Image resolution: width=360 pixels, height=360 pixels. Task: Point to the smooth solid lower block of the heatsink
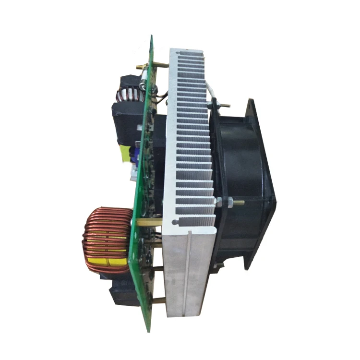[190, 274]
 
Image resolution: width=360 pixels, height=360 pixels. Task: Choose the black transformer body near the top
[127, 120]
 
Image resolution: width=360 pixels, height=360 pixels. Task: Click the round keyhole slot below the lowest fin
[177, 222]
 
